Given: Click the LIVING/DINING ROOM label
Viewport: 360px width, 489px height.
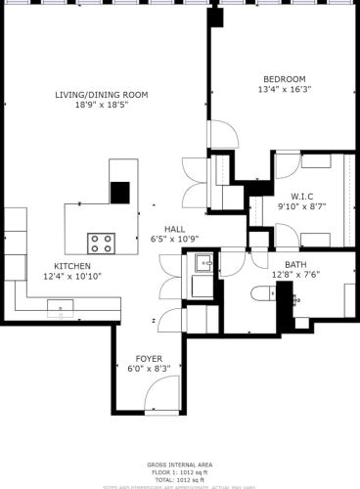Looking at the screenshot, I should tap(101, 94).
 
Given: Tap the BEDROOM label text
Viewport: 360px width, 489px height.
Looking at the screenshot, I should tap(284, 79).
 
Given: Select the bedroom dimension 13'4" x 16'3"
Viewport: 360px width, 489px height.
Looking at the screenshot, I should tap(284, 90).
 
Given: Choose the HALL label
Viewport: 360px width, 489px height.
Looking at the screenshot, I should tap(175, 228).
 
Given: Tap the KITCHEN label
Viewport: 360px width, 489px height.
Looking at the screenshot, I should tap(72, 266).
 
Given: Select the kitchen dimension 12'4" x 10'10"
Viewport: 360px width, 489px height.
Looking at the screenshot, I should tap(72, 277).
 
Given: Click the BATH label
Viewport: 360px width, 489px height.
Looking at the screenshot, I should tap(295, 265).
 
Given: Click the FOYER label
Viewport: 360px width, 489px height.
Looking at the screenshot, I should tap(149, 358).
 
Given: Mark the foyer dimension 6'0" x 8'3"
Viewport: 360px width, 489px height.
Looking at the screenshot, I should tap(149, 369).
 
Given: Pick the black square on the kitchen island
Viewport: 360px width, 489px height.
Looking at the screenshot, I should tap(120, 192).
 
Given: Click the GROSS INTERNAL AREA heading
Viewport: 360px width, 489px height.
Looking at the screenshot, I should tap(179, 465).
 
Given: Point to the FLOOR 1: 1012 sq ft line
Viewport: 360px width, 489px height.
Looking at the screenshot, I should tap(179, 472).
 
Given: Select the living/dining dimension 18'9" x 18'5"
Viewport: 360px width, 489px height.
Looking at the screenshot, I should tap(101, 105).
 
